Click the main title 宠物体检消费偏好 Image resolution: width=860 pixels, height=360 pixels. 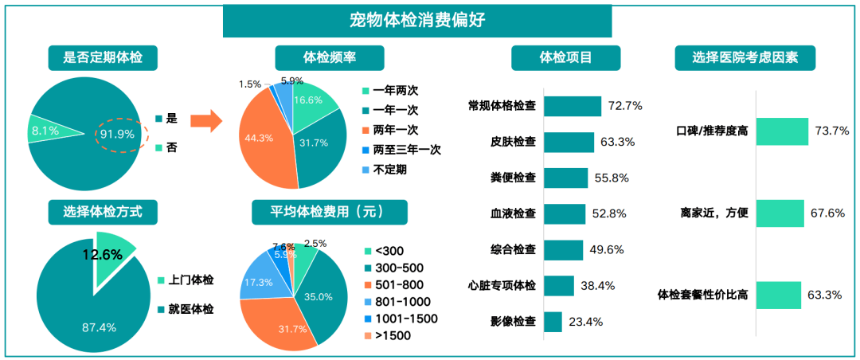416,20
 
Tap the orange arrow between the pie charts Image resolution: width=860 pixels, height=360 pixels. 205,121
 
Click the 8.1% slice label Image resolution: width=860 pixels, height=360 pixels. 45,130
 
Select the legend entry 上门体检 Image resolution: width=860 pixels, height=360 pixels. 192,280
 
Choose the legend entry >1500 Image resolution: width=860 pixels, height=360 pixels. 393,335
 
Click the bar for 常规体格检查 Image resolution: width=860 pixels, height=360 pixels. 573,106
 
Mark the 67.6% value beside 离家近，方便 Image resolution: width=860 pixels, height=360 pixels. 827,213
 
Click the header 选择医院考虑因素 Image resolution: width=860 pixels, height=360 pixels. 744,57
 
